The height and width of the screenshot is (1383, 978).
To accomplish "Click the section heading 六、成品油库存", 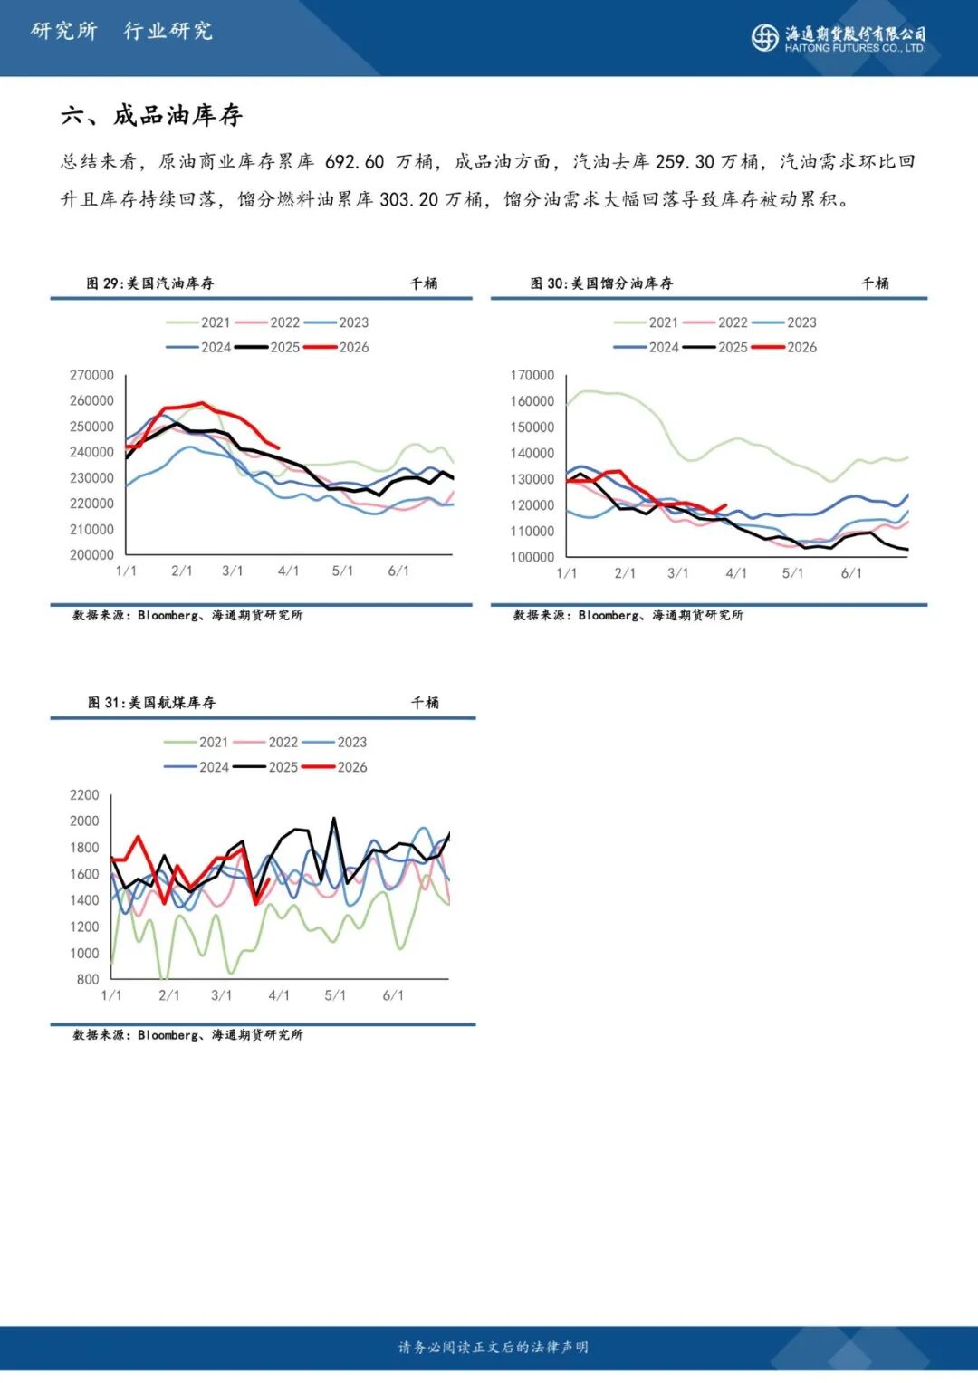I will point(151,115).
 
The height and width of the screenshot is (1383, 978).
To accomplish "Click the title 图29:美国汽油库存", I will point(149,283).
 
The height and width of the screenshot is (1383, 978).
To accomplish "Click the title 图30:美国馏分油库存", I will point(601,283).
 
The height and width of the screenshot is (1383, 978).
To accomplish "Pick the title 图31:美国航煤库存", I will point(151,703).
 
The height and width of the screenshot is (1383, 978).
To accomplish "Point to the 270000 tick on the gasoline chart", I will point(91,375).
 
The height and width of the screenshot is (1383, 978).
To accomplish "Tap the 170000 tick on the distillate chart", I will point(532,375).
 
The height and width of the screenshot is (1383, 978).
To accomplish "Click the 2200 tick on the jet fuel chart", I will point(84,795).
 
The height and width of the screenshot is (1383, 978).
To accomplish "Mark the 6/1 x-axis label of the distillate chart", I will point(851,573).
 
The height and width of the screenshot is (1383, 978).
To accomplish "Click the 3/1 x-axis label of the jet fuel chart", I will point(221,995).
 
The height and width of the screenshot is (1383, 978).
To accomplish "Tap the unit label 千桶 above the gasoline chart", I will point(423,283).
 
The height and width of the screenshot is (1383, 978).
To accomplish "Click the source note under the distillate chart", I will point(628,615).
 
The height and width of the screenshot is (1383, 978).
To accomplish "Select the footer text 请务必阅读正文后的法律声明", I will point(493,1348).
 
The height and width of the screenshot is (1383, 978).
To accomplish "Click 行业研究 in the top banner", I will point(168,31).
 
